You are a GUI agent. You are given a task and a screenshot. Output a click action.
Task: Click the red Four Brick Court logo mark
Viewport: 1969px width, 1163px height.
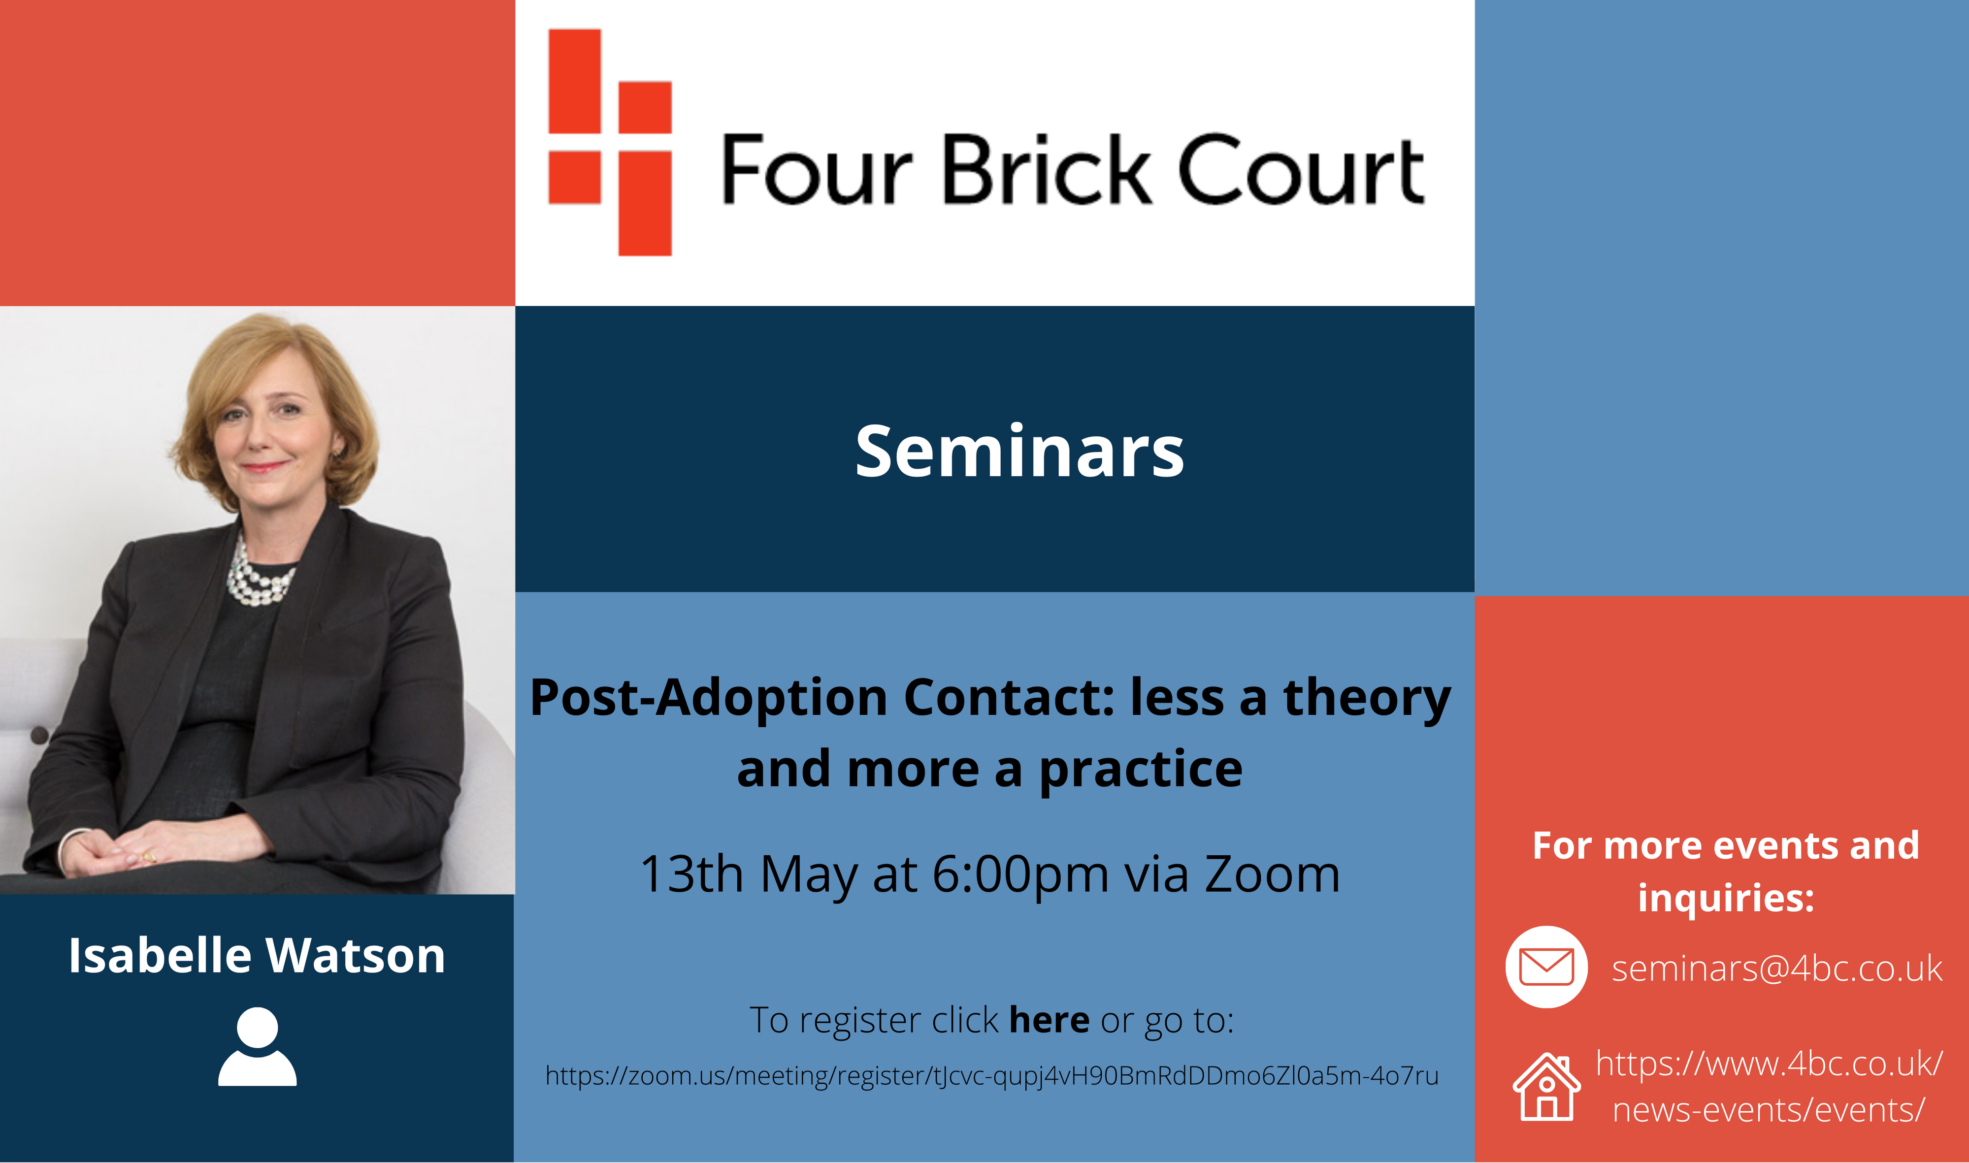coord(610,143)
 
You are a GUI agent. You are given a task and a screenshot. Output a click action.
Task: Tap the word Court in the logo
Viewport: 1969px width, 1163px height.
coord(1301,169)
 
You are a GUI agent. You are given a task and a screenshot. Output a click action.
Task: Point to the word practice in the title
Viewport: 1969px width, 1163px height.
coord(1141,771)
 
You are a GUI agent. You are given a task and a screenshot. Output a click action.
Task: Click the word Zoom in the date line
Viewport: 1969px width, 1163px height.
coord(1272,874)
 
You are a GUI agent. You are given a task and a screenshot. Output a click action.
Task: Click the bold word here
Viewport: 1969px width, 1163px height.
coord(1049,1020)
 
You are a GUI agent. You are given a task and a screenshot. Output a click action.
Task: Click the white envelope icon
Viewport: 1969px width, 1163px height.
coord(1546,967)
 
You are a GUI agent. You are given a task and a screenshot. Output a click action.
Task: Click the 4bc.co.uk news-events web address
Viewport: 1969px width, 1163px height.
coord(1769,1087)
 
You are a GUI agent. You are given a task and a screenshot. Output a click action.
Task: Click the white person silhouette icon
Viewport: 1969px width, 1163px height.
coord(257,1047)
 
